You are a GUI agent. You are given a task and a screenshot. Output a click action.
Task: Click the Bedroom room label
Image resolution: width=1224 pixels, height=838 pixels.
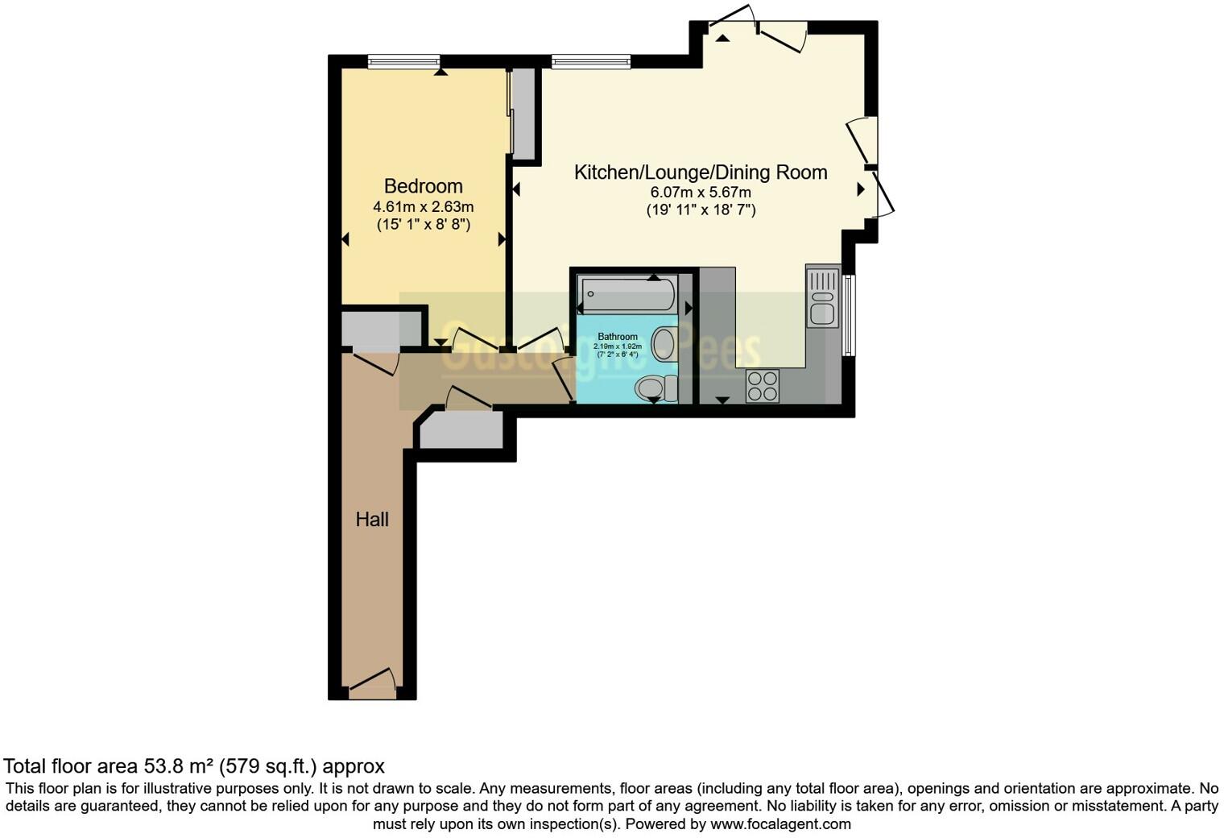coord(423,186)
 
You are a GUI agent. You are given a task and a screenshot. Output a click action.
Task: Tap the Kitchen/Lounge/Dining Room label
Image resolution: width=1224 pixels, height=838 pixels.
coord(700,172)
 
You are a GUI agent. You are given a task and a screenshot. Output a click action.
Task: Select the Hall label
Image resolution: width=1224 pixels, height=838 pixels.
coord(372,520)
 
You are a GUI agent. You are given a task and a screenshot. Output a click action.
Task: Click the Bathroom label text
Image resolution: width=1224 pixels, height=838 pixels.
coord(617,337)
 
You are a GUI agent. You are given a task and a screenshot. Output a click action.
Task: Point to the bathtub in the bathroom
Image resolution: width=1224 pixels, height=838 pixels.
coord(628,295)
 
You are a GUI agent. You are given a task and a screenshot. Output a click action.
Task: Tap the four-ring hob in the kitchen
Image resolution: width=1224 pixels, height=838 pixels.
coord(762,385)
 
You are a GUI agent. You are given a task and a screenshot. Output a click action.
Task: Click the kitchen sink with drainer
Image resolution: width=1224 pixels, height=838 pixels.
coord(823,298)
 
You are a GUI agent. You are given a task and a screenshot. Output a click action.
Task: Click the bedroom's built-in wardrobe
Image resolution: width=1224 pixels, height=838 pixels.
coord(523,113)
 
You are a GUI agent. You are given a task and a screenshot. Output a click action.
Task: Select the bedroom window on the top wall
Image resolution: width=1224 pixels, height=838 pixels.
coord(403,61)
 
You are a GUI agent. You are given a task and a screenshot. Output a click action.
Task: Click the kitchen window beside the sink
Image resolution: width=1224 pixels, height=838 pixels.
coord(848,315)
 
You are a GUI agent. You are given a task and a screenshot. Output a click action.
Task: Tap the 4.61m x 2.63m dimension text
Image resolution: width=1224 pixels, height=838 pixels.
coord(423,207)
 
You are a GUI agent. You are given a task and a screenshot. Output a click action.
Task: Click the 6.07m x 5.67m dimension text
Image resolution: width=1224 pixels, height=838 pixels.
coord(700,193)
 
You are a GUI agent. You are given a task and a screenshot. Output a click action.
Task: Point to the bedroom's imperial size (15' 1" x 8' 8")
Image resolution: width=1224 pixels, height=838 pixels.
coord(423,225)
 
